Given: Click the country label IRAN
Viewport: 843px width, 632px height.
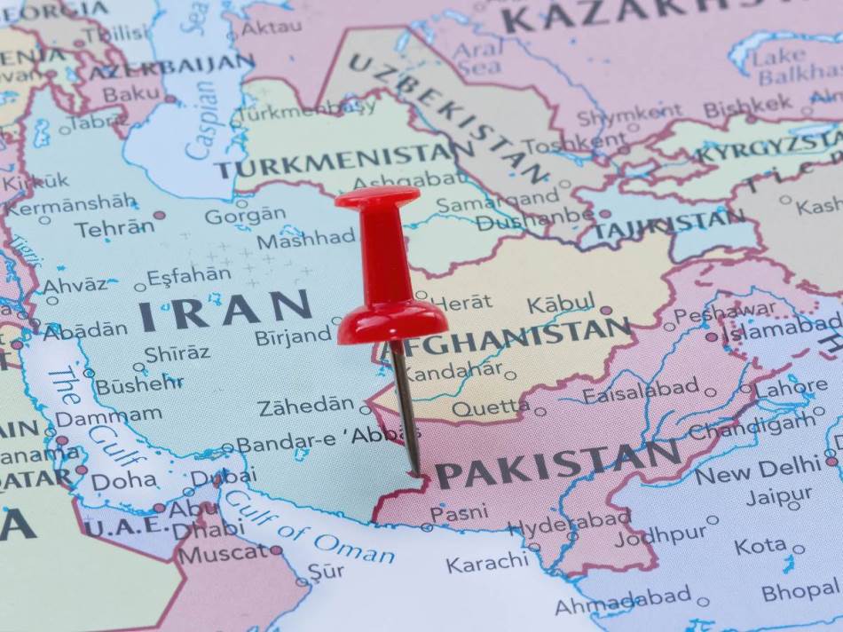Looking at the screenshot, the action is point(225,311).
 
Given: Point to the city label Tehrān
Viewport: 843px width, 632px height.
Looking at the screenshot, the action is point(114,228).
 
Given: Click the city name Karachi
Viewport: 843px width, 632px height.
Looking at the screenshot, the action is point(487,562).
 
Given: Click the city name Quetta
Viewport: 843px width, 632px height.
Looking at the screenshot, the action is point(491,407).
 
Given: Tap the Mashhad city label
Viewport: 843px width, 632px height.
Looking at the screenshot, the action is point(305,240).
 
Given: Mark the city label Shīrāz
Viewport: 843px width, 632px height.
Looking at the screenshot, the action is point(177,352).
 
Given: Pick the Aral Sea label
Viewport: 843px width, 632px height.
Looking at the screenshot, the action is point(478,59).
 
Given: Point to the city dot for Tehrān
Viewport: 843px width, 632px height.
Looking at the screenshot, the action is point(159,215).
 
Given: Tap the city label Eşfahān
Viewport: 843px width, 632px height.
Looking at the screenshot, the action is point(188,276).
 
